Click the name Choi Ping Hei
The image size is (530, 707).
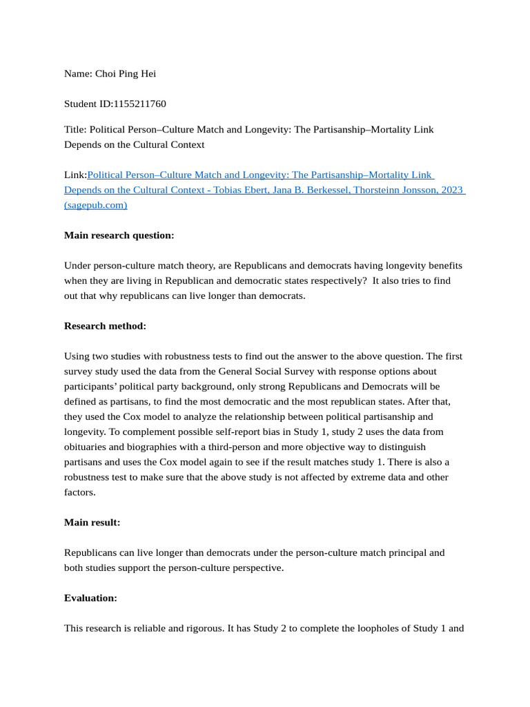[130, 73]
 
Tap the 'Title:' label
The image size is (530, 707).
[75, 129]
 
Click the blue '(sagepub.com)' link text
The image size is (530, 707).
[95, 205]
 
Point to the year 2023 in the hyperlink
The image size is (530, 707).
[449, 190]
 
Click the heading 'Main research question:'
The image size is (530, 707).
[119, 235]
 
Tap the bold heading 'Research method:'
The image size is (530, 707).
[105, 326]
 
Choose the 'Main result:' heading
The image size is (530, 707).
[92, 522]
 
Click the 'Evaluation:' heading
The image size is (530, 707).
[90, 598]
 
